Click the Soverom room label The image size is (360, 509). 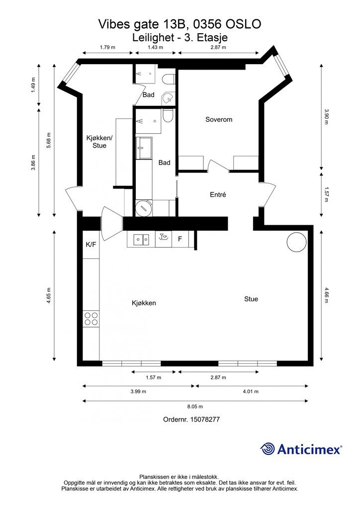click(x=219, y=119)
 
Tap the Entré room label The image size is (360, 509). click(x=218, y=194)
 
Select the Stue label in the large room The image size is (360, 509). click(x=251, y=299)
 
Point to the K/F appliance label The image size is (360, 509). click(x=91, y=245)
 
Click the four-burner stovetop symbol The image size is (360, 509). click(x=91, y=319)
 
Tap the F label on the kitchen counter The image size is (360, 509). click(x=180, y=239)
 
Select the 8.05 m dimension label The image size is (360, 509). click(x=195, y=406)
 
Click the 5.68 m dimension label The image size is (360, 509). click(x=49, y=141)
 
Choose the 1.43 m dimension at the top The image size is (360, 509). click(x=155, y=47)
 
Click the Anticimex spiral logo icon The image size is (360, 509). click(x=268, y=449)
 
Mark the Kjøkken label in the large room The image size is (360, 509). click(x=144, y=303)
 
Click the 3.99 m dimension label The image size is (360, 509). click(x=138, y=391)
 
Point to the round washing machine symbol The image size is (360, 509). click(x=143, y=208)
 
